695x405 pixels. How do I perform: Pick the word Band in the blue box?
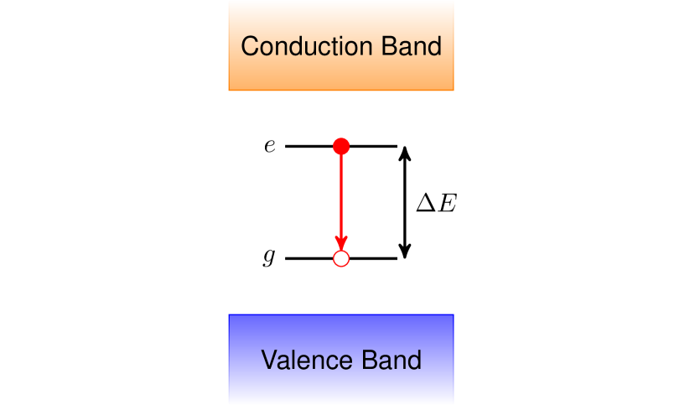point(392,361)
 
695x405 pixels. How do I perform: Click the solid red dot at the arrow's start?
point(341,147)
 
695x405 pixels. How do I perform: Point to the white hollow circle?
point(341,259)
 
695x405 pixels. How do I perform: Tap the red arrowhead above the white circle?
point(341,243)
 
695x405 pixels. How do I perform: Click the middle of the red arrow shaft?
point(341,197)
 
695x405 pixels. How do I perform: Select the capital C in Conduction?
point(249,46)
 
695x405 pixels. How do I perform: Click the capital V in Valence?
point(269,361)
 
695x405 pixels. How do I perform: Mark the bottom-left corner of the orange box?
point(229,90)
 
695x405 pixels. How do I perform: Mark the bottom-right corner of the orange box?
point(454,90)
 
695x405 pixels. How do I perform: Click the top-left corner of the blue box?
point(229,315)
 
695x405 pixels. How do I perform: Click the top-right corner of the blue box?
point(454,315)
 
